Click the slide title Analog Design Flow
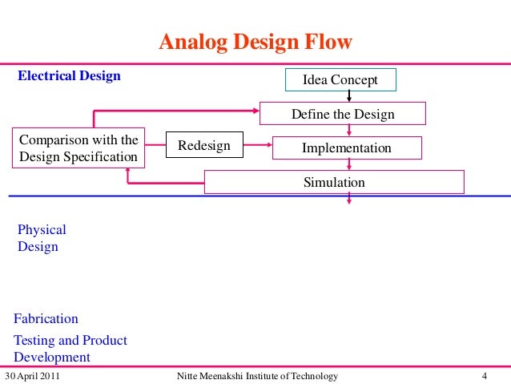tap(255, 42)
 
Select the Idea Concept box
tap(340, 80)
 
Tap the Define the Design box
tap(343, 114)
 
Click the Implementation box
tap(346, 148)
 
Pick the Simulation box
tap(334, 182)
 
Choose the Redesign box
tap(203, 146)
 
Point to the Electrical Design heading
tap(70, 76)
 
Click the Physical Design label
tap(42, 239)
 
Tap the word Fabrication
tap(46, 319)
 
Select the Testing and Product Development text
tap(70, 349)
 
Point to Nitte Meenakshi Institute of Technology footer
tap(256, 376)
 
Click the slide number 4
tap(485, 376)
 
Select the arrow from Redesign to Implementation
tap(257, 145)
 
